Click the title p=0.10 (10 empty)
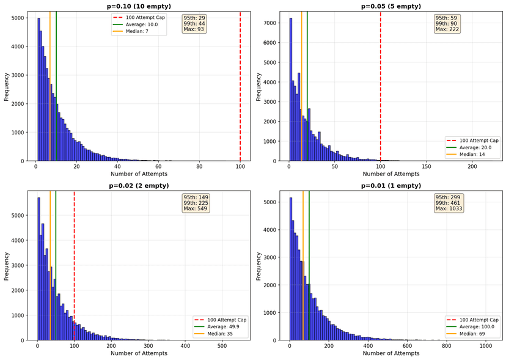138,6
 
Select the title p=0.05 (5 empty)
391,6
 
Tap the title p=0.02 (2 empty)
138,185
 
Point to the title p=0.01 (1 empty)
391,185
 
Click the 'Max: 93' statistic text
194,29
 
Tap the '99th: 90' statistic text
447,23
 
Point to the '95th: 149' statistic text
196,197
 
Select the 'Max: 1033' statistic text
449,209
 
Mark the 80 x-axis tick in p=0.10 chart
199,166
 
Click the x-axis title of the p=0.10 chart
138,174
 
